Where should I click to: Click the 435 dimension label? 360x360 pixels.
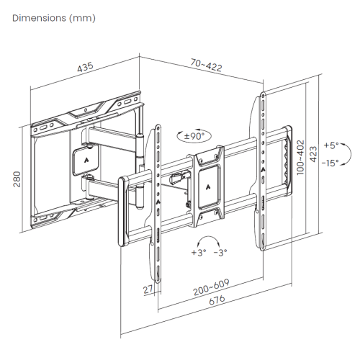pos(85,67)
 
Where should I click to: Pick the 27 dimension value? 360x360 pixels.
pos(148,289)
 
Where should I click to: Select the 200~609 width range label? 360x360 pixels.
pos(210,291)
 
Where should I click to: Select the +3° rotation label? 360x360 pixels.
pos(197,253)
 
